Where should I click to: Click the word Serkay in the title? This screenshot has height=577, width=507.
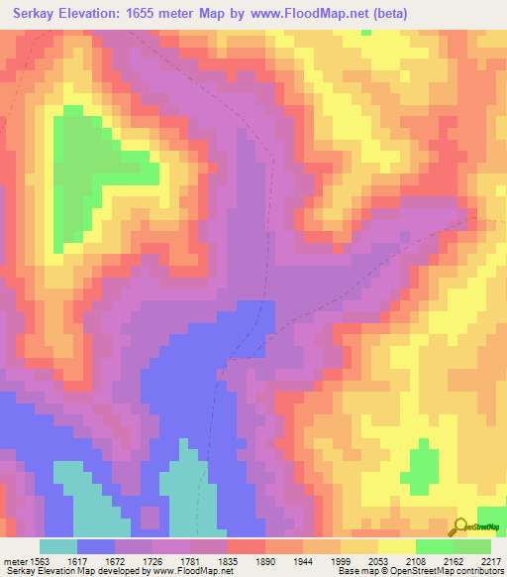[x=42, y=13]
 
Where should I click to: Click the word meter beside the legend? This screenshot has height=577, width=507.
[x=14, y=560]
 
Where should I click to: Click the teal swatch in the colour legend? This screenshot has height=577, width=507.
[x=58, y=546]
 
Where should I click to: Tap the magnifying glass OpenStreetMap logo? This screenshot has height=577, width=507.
[x=459, y=526]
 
